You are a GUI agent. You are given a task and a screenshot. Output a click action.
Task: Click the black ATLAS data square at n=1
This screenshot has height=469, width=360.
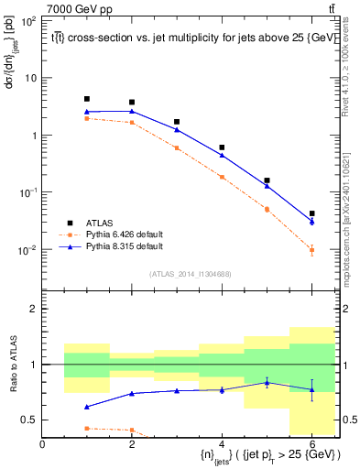tap(87, 99)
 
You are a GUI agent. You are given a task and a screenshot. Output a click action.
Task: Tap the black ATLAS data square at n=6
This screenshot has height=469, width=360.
tap(311, 213)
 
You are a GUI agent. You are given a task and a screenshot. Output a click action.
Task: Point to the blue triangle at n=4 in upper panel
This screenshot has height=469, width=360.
tap(222, 155)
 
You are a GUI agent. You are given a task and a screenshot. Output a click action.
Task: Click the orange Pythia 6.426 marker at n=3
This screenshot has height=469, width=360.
tap(177, 147)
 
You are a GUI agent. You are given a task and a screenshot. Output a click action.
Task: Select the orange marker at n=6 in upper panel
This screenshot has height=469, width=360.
tap(311, 249)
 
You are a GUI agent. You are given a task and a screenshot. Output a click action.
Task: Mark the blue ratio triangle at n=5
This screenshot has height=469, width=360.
tap(267, 382)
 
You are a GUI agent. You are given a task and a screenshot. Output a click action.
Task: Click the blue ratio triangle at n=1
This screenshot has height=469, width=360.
tap(87, 407)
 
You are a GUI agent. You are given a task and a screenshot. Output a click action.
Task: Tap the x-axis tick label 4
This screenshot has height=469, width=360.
tap(222, 444)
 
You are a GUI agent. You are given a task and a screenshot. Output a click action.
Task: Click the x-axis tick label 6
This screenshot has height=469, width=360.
tap(311, 444)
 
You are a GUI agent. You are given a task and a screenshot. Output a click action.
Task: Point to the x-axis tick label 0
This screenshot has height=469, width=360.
tap(42, 444)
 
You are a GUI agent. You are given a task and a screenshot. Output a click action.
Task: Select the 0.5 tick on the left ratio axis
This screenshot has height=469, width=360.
tap(29, 420)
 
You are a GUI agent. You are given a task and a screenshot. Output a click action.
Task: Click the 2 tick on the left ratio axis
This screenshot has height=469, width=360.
tap(33, 309)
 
